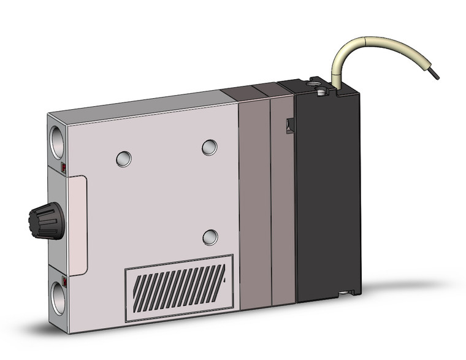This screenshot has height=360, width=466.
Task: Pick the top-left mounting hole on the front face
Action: click(x=124, y=159)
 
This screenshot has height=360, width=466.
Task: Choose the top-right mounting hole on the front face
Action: click(x=209, y=147)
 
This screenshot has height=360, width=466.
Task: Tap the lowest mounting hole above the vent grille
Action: click(x=210, y=237)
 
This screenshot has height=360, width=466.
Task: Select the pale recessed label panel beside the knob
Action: click(x=78, y=224)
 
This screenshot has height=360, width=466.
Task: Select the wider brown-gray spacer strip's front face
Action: click(x=254, y=202)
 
